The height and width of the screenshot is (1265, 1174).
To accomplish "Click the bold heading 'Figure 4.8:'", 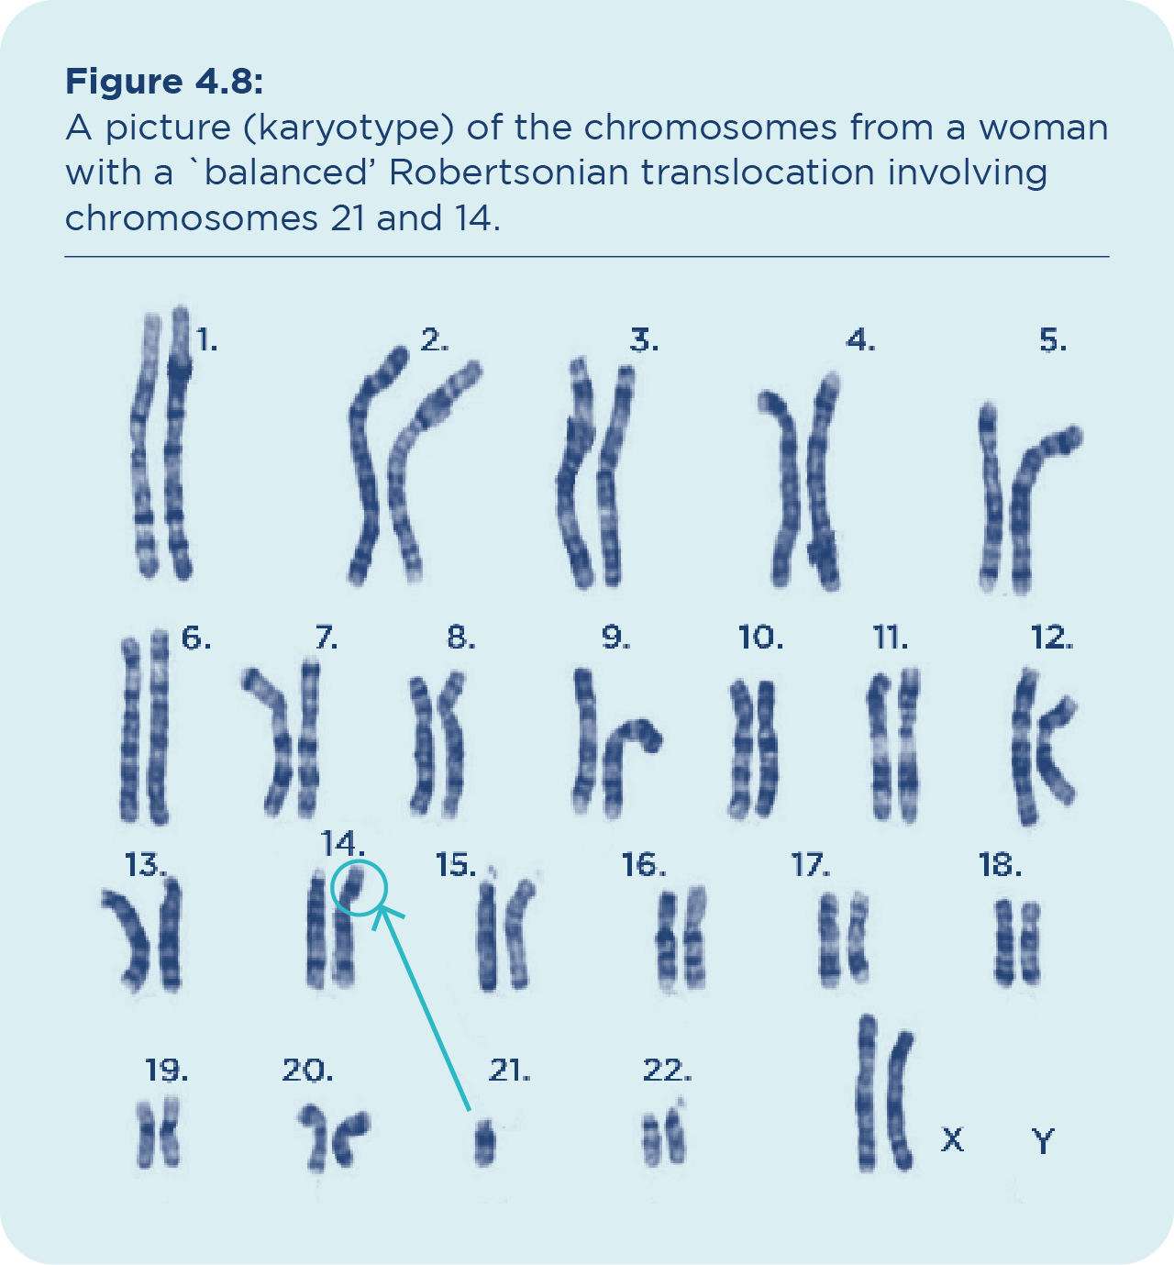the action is click(x=164, y=82).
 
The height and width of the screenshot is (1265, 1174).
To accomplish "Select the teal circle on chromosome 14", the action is click(x=359, y=888).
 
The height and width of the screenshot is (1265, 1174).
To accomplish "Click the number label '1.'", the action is click(x=206, y=341).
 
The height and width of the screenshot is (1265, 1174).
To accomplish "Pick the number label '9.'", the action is click(x=615, y=637).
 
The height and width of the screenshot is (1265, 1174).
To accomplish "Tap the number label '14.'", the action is click(x=342, y=842).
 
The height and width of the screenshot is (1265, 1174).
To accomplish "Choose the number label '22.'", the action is click(x=667, y=1070).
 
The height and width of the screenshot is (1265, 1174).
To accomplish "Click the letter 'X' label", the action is click(x=953, y=1140).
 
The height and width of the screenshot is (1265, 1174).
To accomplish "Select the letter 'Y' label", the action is click(x=1043, y=1141).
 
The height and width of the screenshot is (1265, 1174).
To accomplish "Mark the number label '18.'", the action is click(x=1000, y=865).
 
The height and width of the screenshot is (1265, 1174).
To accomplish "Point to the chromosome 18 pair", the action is click(x=1018, y=942).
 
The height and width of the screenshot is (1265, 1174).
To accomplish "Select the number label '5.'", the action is click(x=1053, y=341).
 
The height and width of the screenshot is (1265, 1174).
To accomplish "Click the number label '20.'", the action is click(x=307, y=1070).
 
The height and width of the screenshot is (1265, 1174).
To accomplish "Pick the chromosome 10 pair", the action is click(x=753, y=749).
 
